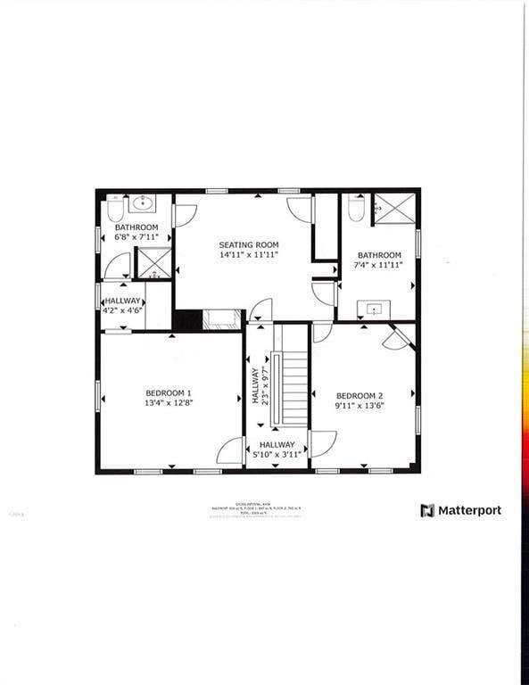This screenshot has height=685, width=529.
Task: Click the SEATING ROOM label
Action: [249, 244]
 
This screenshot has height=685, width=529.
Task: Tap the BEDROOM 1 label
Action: [169, 392]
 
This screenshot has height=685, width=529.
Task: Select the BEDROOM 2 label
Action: [360, 396]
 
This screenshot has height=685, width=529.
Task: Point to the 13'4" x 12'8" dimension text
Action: [169, 403]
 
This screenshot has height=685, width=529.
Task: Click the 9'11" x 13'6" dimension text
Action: [360, 406]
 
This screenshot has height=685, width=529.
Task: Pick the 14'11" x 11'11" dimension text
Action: [249, 254]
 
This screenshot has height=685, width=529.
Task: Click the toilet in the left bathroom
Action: [115, 210]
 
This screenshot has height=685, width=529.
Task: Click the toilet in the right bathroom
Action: [356, 210]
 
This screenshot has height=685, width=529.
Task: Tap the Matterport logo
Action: [460, 510]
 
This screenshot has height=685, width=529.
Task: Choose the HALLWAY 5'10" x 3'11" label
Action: [277, 450]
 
